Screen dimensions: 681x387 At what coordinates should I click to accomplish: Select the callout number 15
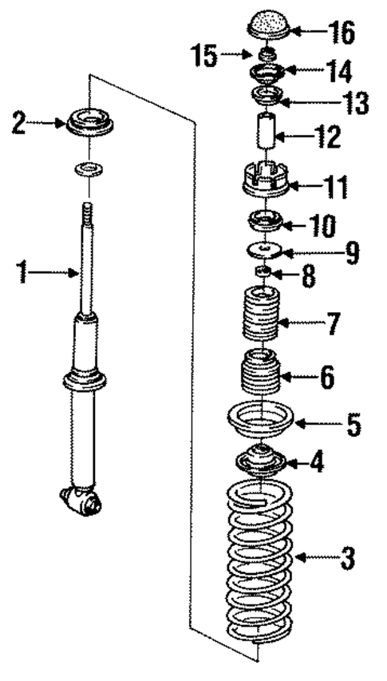coord(204,55)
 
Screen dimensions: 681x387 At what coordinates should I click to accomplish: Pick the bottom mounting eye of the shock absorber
coord(82,501)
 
